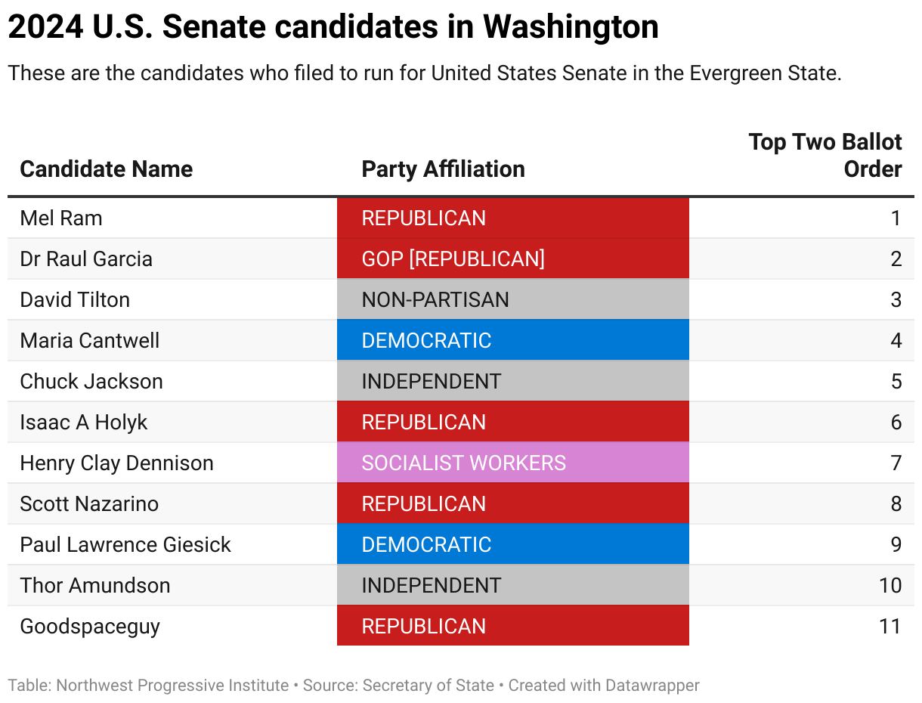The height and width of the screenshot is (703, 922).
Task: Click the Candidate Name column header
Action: [x=107, y=169]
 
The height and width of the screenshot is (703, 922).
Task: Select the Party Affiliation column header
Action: [x=443, y=169]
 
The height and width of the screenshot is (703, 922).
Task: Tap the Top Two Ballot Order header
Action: [x=825, y=155]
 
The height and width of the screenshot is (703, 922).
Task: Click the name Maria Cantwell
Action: [x=90, y=340]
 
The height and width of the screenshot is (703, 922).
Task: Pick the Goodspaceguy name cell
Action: [x=90, y=626]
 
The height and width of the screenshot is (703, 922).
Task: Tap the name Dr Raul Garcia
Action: [x=86, y=259]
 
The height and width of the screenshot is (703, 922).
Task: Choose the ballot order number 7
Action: [x=896, y=463]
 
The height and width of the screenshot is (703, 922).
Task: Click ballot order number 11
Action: [x=890, y=626]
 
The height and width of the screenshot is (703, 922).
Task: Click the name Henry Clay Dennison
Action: [x=117, y=463]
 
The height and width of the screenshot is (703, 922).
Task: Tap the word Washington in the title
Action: [x=571, y=28]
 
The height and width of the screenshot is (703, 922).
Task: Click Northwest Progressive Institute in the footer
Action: [x=172, y=686]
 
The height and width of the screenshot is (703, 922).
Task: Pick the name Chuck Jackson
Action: [x=91, y=381]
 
